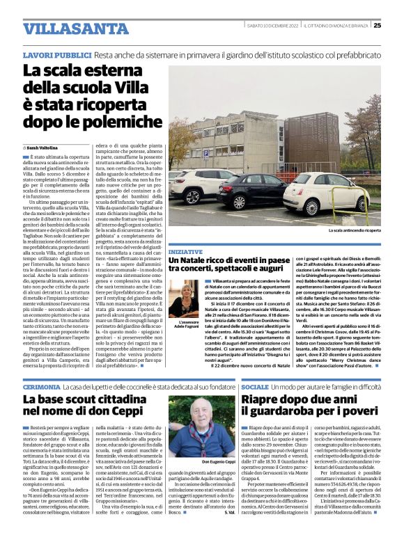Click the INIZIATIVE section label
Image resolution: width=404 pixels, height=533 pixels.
click(x=185, y=251)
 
